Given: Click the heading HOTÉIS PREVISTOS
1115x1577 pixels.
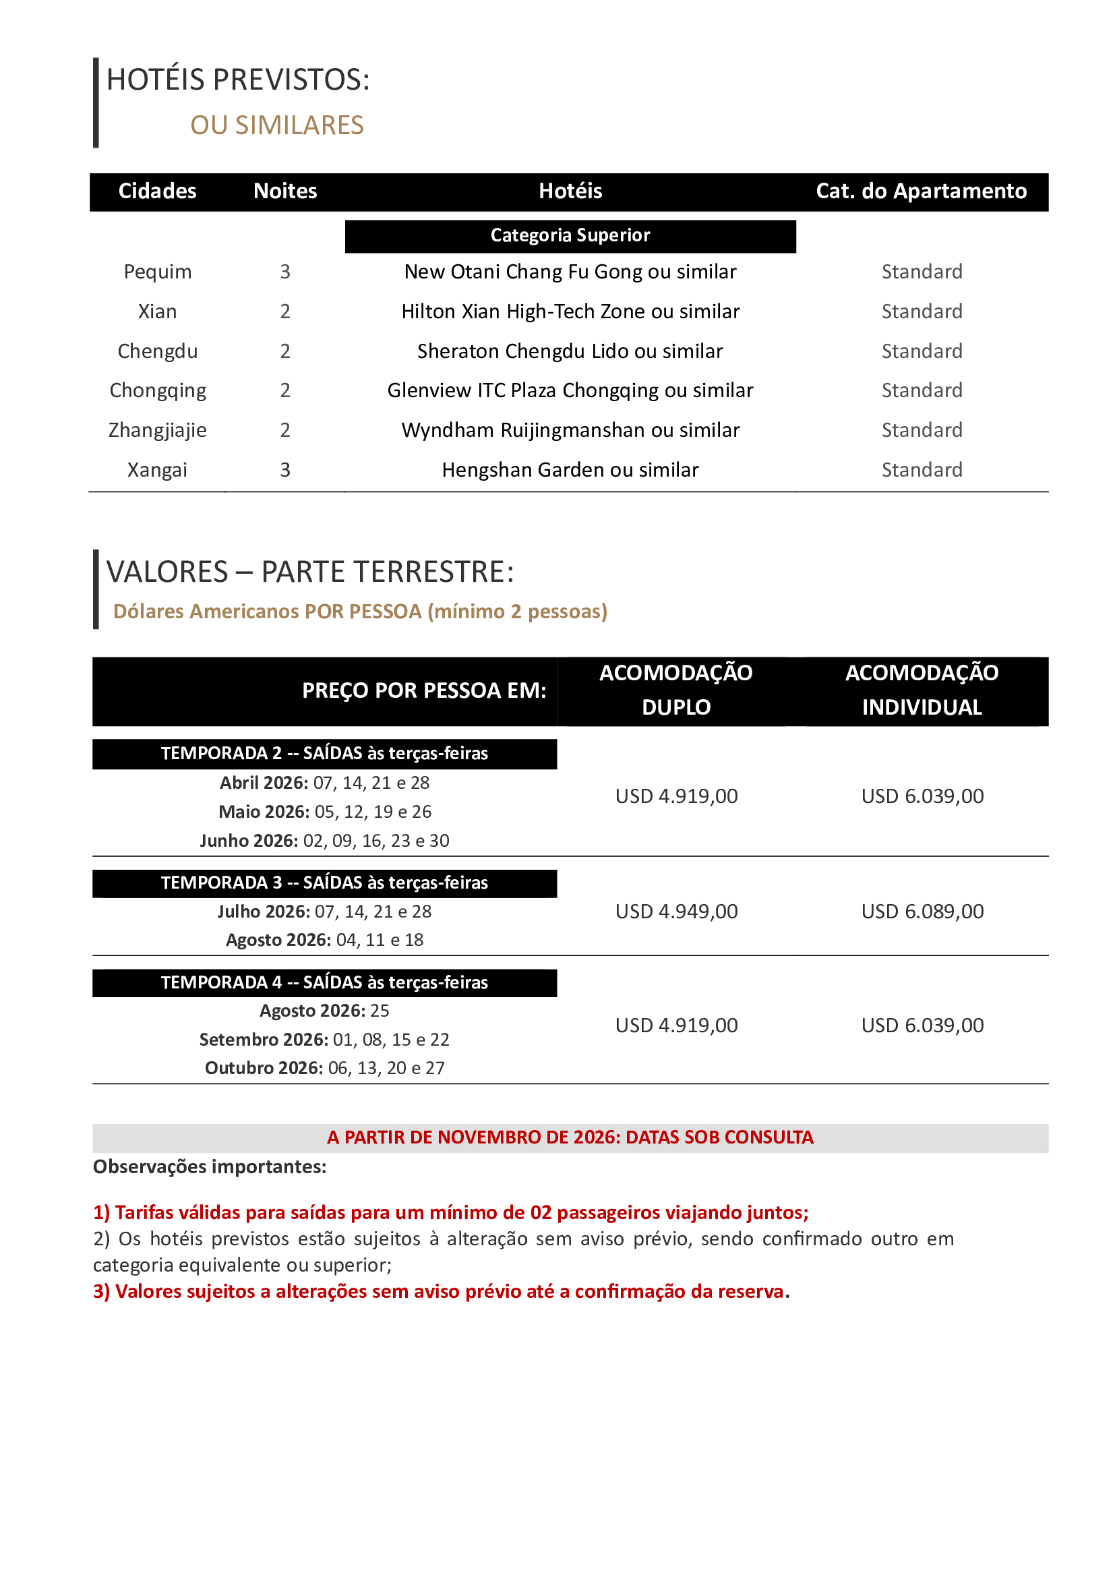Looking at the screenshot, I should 237,80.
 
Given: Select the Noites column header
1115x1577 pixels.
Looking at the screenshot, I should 285,191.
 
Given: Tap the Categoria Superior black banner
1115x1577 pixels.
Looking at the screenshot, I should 570,235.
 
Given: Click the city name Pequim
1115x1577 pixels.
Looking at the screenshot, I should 157,272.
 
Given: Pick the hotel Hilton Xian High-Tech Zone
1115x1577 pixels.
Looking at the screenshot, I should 570,312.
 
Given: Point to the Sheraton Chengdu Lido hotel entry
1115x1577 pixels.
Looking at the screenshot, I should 570,352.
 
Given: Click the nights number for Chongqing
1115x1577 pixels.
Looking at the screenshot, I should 285,391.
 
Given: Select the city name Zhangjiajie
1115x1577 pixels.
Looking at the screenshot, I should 157,431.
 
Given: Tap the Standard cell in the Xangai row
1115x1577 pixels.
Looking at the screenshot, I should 922,470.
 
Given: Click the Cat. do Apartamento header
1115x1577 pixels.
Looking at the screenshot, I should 921,191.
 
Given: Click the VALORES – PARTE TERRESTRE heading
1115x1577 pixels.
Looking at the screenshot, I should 310,572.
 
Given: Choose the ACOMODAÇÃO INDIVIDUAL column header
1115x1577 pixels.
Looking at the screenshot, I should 922,690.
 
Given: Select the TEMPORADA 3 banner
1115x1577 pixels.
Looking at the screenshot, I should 324,883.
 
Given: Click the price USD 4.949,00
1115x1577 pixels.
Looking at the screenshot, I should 676,912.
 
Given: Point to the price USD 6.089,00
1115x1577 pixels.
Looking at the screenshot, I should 922,912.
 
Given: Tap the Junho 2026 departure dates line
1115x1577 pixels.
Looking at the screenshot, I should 324,841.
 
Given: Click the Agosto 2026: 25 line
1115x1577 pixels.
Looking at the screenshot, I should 324,1011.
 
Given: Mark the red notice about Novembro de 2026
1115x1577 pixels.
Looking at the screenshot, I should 570,1137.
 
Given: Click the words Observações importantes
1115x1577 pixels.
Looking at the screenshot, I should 210,1167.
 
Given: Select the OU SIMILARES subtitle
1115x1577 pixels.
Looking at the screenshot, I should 276,125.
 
